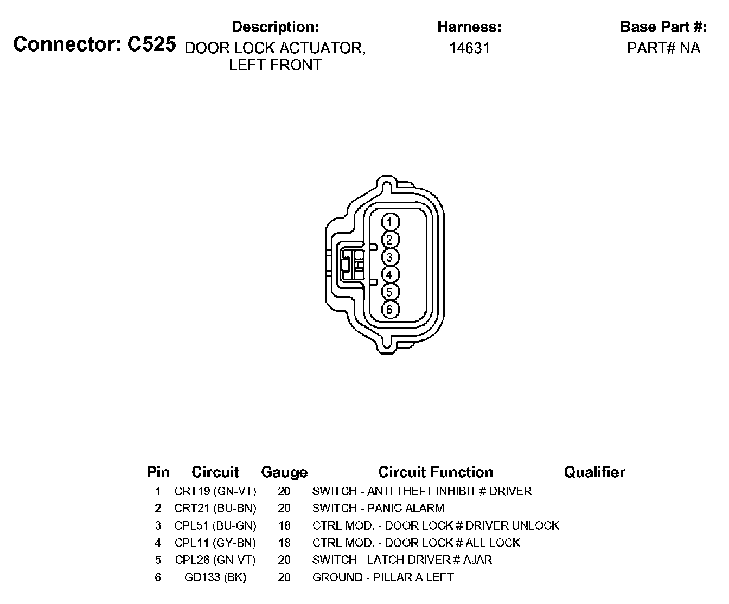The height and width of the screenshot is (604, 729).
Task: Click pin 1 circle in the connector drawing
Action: (390, 222)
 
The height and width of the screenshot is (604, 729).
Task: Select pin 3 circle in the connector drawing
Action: (390, 257)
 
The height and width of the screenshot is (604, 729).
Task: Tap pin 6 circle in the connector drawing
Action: (390, 310)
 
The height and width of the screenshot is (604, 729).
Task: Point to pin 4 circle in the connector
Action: (390, 274)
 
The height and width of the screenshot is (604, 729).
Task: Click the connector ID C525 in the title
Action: (151, 44)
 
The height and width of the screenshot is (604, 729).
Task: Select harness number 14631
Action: (469, 48)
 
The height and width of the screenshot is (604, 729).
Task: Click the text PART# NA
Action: (663, 48)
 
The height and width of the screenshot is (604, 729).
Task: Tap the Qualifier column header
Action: (594, 472)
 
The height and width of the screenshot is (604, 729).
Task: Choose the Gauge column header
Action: (284, 472)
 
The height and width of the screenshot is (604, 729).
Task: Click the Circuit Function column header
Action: (436, 472)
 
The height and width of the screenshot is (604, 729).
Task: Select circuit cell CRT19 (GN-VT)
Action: (215, 491)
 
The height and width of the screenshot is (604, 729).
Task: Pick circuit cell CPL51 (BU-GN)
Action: (215, 525)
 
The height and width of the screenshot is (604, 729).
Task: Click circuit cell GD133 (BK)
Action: (215, 577)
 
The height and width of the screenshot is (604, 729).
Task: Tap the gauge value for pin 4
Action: (284, 543)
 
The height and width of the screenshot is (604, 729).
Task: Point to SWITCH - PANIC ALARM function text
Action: (378, 509)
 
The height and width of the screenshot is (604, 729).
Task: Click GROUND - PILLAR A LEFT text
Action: (383, 577)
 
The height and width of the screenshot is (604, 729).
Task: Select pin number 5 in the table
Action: (158, 560)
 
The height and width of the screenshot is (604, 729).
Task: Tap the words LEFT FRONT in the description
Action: (275, 65)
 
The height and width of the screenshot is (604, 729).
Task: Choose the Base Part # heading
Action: (663, 27)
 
